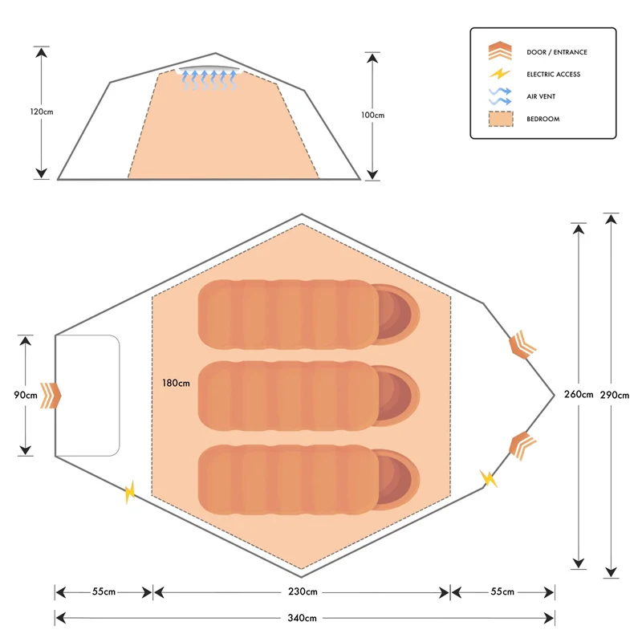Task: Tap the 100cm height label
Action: (372, 116)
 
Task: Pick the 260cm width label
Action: (579, 394)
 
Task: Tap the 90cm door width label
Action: (26, 395)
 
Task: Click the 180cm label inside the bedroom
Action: (176, 383)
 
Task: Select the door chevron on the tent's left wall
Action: (52, 395)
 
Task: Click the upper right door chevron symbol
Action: (522, 344)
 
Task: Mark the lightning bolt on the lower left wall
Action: (131, 492)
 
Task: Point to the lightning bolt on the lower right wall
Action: (488, 478)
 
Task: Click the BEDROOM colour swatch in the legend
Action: (500, 119)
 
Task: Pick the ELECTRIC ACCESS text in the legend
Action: (553, 75)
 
